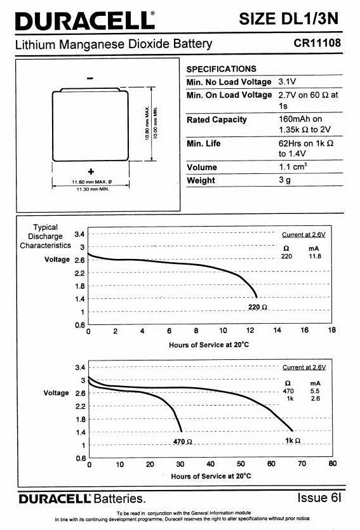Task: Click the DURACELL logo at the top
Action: tap(85, 21)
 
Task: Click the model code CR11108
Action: tap(317, 43)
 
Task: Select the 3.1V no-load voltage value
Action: tap(287, 81)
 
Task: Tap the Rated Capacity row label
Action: tap(217, 120)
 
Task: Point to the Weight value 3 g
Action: tap(284, 180)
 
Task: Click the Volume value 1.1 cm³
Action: tap(293, 167)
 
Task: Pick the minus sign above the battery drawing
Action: tap(90, 79)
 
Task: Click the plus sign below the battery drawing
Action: tap(91, 171)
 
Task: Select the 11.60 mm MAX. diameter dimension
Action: tap(91, 182)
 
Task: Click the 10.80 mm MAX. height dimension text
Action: tap(147, 123)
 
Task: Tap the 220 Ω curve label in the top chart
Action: tap(258, 307)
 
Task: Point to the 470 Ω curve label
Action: tap(182, 441)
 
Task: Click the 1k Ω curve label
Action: tap(293, 441)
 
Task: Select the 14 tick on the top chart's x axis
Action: tap(277, 330)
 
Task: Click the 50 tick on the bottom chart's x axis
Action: tap(241, 463)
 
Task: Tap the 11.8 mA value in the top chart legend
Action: tap(315, 256)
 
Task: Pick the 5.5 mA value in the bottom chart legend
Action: tap(315, 391)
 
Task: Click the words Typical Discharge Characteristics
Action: tap(45, 236)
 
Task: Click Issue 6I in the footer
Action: tap(319, 498)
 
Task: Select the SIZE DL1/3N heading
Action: tap(288, 19)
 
